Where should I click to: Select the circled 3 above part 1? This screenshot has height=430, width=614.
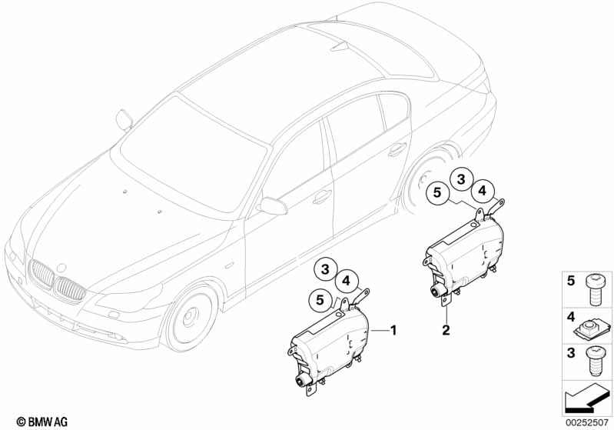click(326, 269)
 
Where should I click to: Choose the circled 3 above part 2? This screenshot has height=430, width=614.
click(461, 178)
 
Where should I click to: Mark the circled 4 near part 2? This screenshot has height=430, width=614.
click(482, 190)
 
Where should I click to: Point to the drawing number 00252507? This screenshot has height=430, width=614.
click(586, 422)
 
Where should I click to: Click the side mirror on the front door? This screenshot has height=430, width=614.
click(272, 205)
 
